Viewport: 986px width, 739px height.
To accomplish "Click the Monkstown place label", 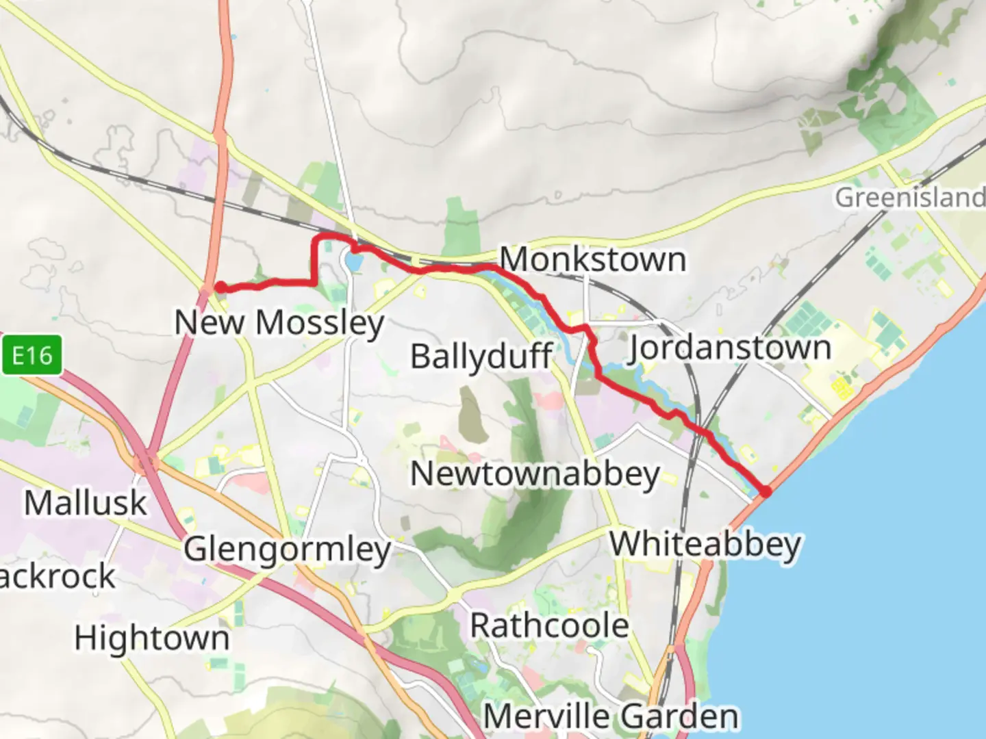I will (593, 259).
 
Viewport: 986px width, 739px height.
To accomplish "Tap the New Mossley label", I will (279, 322).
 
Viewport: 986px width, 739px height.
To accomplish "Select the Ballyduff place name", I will (481, 356).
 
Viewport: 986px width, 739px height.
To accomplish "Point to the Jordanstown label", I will (730, 348).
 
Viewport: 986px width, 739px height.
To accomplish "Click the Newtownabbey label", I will (535, 474).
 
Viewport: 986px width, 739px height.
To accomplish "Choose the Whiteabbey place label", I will (705, 545).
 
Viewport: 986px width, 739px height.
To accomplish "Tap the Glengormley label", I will (288, 549).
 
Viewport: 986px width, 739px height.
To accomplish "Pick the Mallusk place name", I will (86, 503).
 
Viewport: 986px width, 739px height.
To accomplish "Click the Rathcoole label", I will (549, 625).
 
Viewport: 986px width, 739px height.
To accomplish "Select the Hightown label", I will (152, 638).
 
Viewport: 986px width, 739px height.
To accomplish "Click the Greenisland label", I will (909, 198).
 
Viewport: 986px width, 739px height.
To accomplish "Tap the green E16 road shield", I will (31, 355).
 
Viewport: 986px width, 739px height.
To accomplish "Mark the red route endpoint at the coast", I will (765, 491).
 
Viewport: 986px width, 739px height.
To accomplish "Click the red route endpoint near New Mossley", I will (221, 287).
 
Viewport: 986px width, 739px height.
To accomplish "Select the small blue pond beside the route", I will (353, 261).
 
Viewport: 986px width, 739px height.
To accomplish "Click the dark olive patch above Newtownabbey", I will (472, 414).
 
